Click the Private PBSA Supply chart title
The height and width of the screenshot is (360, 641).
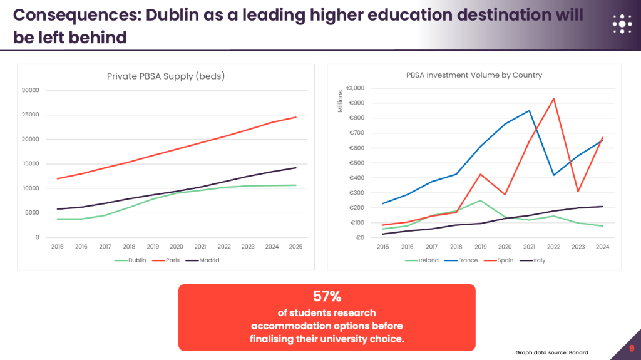[x=166, y=76]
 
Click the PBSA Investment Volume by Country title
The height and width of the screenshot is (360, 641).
[x=474, y=75]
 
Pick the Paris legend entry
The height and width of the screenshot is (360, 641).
[x=171, y=260]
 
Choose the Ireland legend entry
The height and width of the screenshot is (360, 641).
[x=428, y=260]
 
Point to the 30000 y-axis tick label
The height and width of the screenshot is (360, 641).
[x=30, y=90]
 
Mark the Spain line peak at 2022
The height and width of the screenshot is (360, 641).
[x=554, y=98]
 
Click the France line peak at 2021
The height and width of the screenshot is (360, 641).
[x=530, y=110]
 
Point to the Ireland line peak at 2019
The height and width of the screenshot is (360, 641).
[x=481, y=200]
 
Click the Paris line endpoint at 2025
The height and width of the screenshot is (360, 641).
[x=296, y=117]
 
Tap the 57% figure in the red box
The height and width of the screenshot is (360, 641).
[x=327, y=296]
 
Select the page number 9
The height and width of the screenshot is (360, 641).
[x=632, y=349]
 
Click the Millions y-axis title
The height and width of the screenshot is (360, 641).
[x=341, y=101]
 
